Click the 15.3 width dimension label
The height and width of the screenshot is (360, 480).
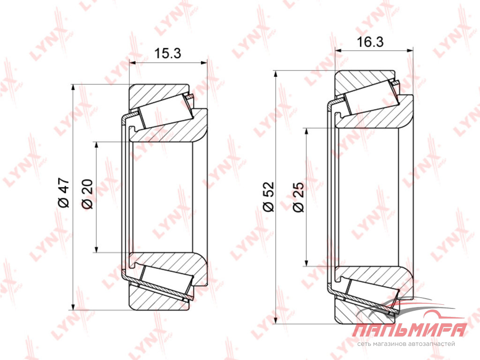pyautogui.click(x=168, y=53)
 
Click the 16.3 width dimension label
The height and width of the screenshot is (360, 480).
pyautogui.click(x=370, y=42)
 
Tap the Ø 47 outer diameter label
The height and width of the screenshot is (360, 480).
pyautogui.click(x=64, y=193)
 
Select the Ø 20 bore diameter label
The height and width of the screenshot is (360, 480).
pyautogui.click(x=88, y=194)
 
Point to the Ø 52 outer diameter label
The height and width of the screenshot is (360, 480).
pyautogui.click(x=269, y=196)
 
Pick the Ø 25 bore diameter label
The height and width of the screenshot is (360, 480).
pyautogui.click(x=299, y=197)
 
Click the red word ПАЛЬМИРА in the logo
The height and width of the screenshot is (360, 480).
pyautogui.click(x=410, y=330)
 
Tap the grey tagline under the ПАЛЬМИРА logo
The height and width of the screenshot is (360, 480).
pyautogui.click(x=406, y=344)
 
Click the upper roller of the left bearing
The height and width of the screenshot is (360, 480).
pyautogui.click(x=165, y=112)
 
